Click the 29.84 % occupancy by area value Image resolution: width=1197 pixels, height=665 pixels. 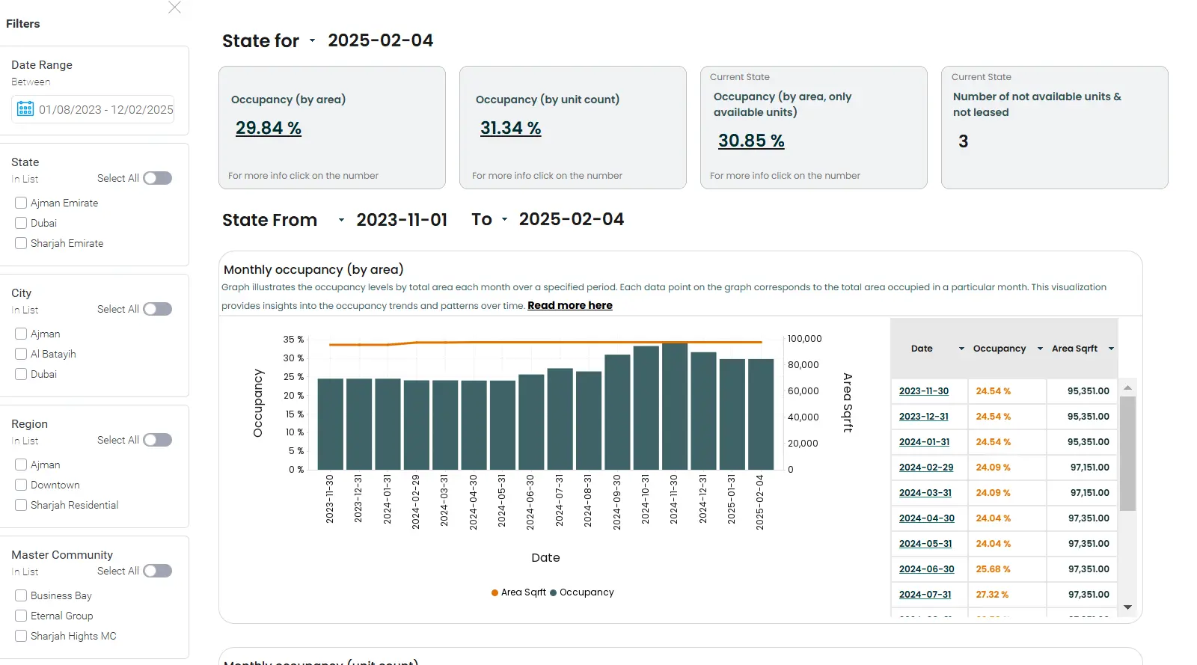(268, 129)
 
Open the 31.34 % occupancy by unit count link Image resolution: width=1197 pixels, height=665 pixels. (510, 129)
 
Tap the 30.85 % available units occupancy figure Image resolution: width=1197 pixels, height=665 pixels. (750, 141)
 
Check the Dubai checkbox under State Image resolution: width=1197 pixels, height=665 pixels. (21, 223)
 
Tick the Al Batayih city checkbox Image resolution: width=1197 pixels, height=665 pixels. (21, 354)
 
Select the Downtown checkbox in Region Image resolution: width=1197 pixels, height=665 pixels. (21, 485)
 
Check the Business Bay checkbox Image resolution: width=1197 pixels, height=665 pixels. (21, 595)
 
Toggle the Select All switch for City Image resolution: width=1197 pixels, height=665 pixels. (157, 309)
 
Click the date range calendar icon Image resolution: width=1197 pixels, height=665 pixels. (25, 109)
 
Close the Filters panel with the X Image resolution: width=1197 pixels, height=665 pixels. (174, 7)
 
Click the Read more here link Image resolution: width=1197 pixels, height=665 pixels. (569, 305)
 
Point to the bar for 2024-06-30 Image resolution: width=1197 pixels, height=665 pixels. (531, 422)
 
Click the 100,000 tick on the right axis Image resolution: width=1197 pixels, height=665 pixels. (804, 339)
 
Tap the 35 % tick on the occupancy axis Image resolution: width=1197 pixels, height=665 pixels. (293, 340)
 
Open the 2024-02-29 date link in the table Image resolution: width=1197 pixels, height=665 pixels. (925, 468)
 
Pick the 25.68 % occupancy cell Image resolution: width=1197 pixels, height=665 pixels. (993, 569)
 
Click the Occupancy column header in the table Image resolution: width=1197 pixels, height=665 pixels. (999, 349)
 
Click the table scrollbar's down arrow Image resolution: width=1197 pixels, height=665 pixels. (1127, 607)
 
